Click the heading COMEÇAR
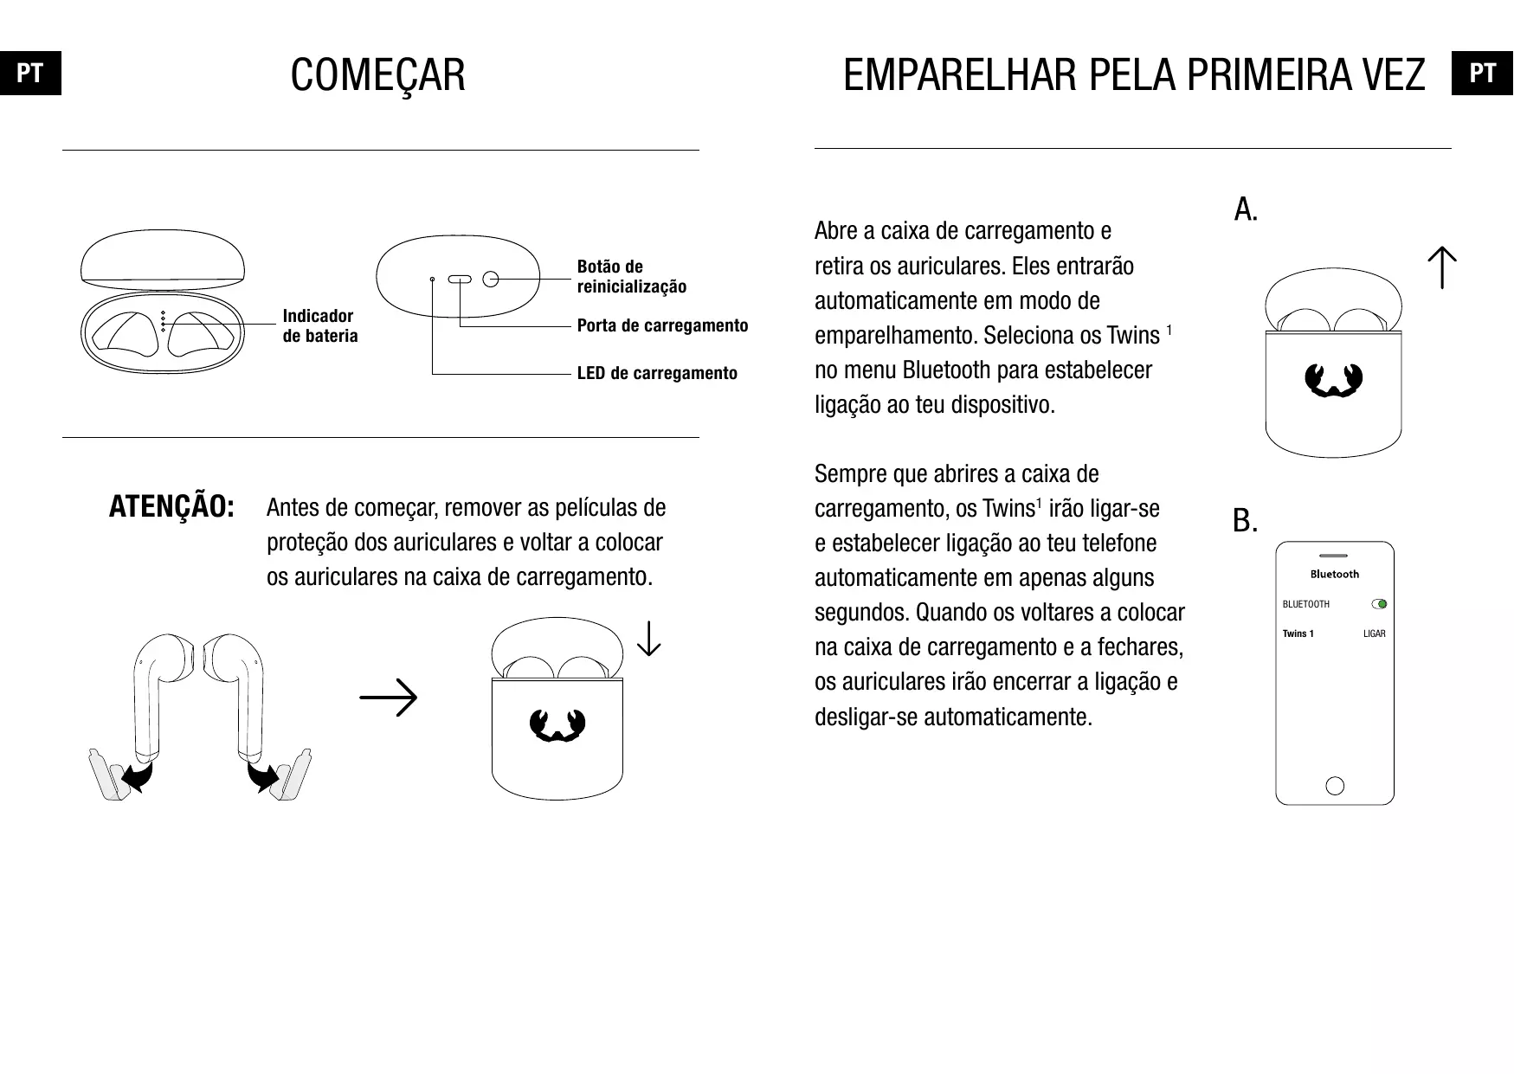click(377, 75)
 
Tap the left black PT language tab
click(30, 74)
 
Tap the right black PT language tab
click(1482, 74)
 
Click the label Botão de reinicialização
click(631, 276)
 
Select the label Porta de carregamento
click(662, 325)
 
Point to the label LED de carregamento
click(657, 373)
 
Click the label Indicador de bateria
click(319, 325)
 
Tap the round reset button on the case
click(491, 279)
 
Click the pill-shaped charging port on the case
click(459, 280)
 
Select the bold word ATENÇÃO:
click(171, 507)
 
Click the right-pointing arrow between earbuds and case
click(389, 698)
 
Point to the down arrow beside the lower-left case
click(648, 640)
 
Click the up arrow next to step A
click(1442, 267)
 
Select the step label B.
click(1245, 521)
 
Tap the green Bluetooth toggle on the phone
click(1380, 604)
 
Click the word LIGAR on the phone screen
click(1374, 633)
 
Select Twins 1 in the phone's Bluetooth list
click(1298, 633)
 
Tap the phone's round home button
click(1335, 786)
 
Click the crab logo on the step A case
click(1333, 381)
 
